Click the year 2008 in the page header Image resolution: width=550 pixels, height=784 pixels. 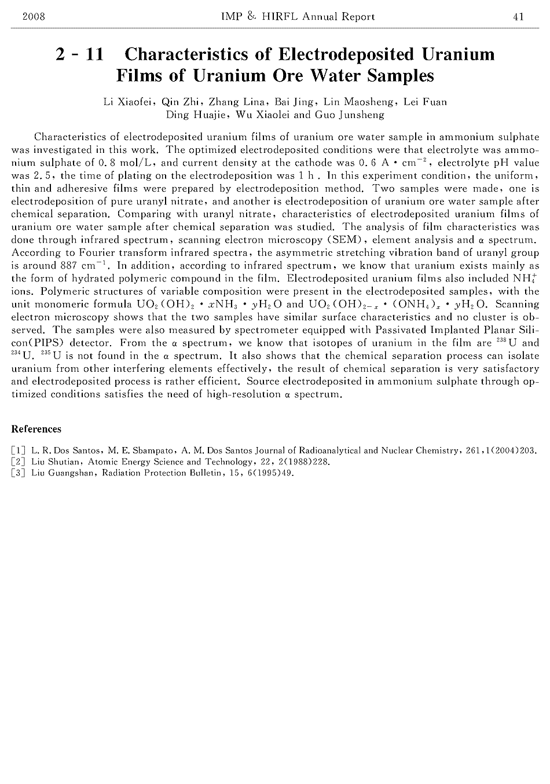(34, 17)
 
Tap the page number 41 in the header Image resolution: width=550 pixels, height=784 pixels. (518, 17)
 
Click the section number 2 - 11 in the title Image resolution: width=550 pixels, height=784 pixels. (80, 54)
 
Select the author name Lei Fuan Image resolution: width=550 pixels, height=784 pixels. (426, 102)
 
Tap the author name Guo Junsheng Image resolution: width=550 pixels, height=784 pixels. (349, 115)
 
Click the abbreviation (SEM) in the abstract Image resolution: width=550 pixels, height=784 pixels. (346, 240)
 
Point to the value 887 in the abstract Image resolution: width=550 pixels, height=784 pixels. (61, 266)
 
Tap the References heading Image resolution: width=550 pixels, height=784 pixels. (36, 429)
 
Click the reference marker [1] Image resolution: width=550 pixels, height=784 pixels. (19, 450)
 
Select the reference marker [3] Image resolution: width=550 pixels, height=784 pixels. (19, 473)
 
